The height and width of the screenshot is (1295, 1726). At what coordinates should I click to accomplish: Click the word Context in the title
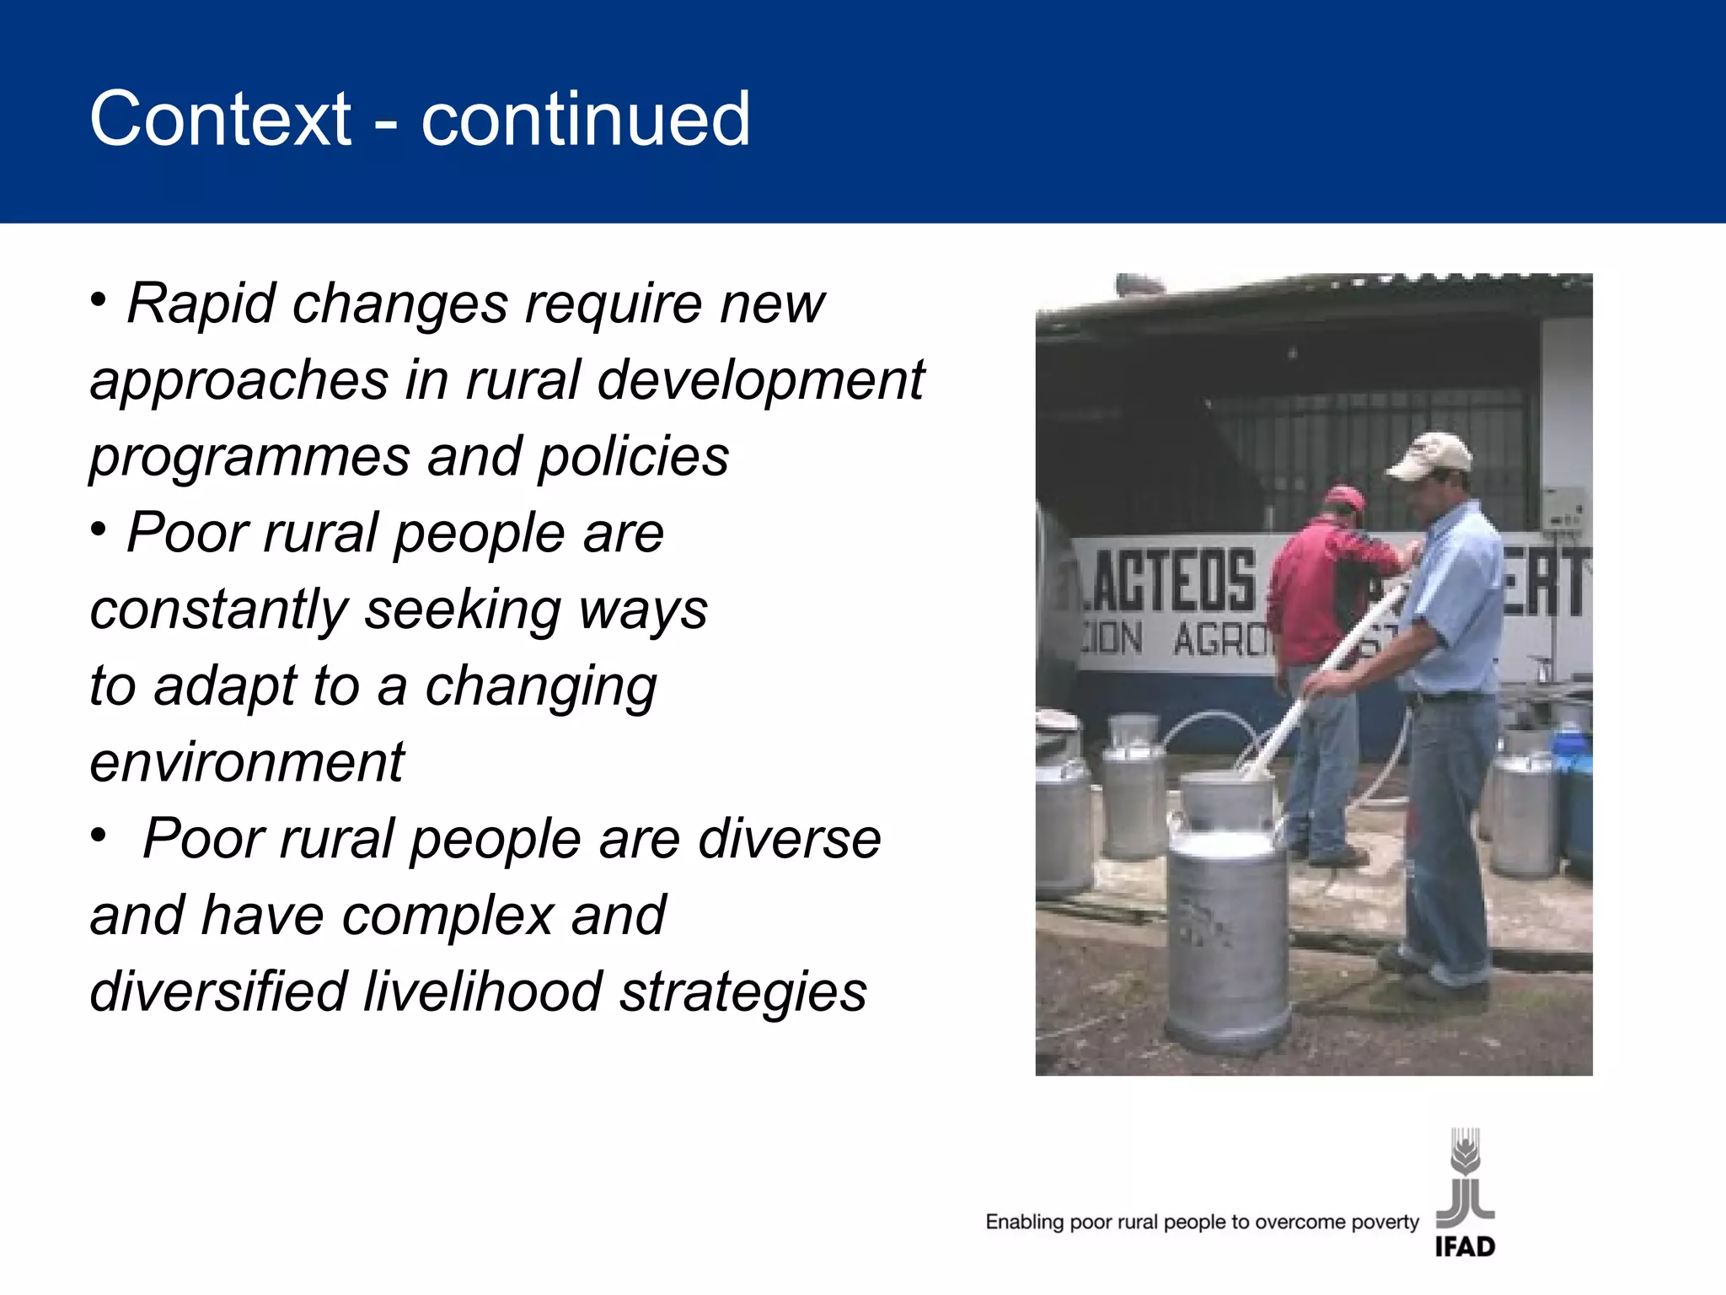220,119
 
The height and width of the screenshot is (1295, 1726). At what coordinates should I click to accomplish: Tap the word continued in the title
585,119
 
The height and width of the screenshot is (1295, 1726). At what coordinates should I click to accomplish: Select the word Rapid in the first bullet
201,303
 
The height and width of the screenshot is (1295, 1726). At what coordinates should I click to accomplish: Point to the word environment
247,762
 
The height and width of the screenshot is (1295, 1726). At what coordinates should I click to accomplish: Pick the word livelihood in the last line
483,991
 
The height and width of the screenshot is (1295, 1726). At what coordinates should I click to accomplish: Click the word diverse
790,839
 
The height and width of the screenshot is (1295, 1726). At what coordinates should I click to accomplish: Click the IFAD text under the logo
1465,1246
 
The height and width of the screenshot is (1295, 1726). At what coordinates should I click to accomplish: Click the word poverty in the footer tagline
1385,1222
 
